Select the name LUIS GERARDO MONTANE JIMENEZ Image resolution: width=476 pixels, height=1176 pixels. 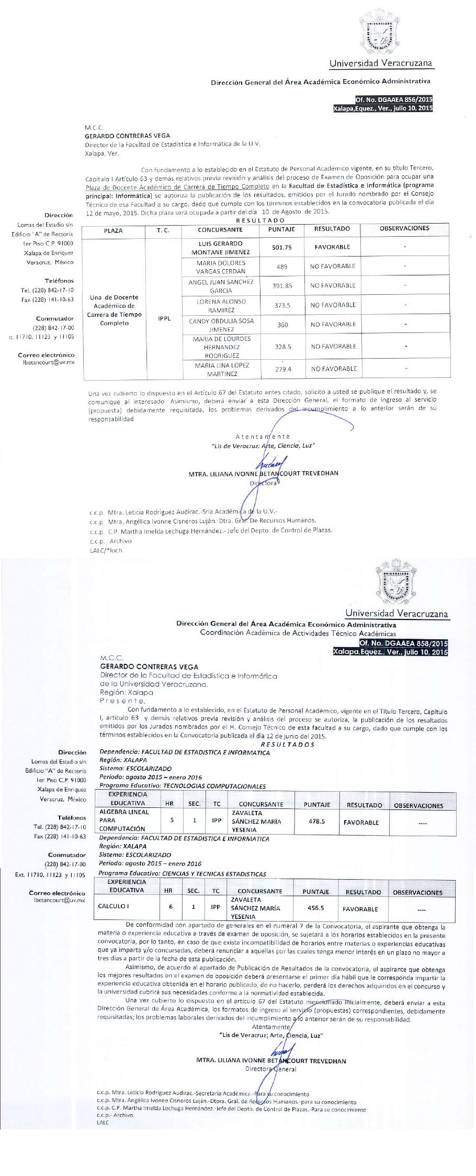tap(220, 248)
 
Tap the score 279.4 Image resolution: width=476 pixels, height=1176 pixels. tap(282, 369)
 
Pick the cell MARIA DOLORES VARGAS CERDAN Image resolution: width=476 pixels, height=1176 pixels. tap(220, 267)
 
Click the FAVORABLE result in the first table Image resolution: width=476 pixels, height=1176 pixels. tap(332, 247)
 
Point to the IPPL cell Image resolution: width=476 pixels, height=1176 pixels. tap(164, 318)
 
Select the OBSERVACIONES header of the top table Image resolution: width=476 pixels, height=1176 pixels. tap(404, 228)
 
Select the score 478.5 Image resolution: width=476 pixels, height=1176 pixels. tap(316, 821)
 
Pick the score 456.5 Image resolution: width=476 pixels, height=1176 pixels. tap(315, 908)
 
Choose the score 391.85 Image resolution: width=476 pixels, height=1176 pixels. tap(282, 286)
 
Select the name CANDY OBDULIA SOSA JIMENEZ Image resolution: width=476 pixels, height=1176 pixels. tap(221, 325)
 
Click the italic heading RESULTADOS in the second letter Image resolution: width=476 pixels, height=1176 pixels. tap(287, 744)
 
